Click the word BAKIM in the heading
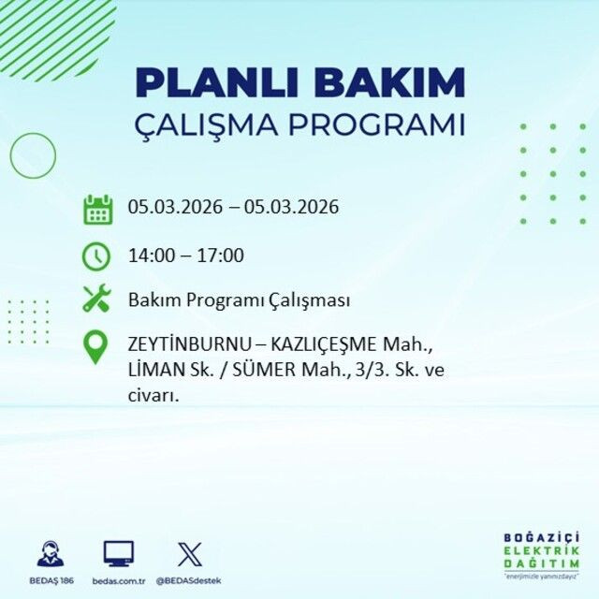(390, 82)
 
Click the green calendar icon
(97, 209)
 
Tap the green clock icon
(97, 255)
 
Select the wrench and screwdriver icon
(97, 299)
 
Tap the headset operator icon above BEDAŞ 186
(51, 554)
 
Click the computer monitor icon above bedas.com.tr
(119, 554)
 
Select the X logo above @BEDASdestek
(188, 554)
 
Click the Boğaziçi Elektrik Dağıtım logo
(540, 558)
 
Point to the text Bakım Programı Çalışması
(240, 300)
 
